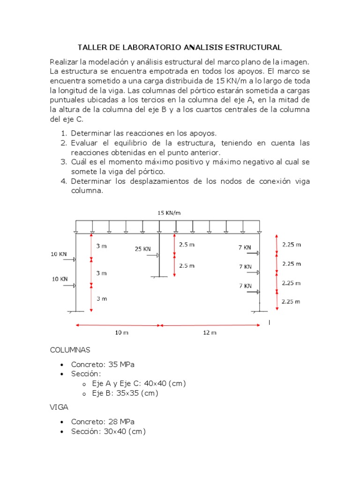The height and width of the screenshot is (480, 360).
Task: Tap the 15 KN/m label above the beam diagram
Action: (169, 213)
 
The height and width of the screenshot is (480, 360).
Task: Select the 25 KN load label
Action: (143, 249)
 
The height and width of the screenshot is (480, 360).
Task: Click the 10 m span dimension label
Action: (121, 333)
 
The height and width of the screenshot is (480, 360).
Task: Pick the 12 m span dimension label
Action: (210, 333)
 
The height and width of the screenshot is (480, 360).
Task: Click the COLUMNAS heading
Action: (70, 350)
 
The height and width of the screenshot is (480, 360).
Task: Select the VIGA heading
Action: (59, 408)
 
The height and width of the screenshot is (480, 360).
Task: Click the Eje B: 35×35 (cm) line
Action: (125, 393)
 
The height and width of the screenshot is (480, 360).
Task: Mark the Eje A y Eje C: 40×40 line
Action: (139, 383)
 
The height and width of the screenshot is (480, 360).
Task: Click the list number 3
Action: (63, 162)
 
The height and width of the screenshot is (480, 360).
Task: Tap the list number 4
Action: (63, 181)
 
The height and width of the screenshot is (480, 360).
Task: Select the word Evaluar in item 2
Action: (84, 143)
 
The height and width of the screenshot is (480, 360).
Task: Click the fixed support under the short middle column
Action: (159, 276)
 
